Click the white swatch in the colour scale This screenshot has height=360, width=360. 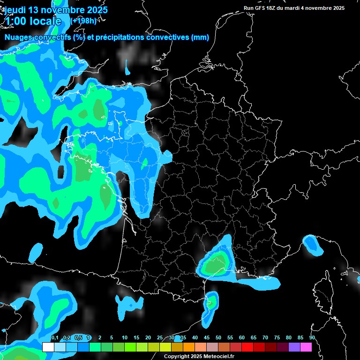(48, 347)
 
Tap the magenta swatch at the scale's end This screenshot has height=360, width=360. (306, 347)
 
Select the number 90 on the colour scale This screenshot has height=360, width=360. (312, 338)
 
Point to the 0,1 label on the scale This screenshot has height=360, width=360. (55, 338)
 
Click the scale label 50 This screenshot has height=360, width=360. (218, 338)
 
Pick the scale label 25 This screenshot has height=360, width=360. (160, 338)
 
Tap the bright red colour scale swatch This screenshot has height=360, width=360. (247, 347)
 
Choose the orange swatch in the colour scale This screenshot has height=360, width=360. (188, 347)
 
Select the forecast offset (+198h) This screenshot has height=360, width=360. (83, 21)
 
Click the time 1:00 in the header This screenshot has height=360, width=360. (17, 21)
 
